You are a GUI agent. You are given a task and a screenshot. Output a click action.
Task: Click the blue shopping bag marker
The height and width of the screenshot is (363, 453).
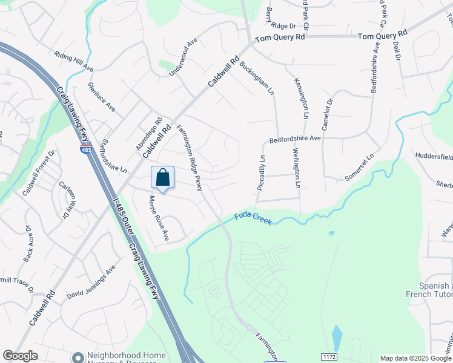tap(162, 178)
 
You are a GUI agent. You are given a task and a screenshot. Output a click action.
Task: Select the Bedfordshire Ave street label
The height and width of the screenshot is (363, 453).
tap(295, 139)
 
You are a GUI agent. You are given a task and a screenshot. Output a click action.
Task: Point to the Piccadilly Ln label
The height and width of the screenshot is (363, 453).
tap(262, 174)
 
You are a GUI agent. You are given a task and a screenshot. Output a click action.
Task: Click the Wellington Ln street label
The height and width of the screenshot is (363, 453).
tap(297, 168)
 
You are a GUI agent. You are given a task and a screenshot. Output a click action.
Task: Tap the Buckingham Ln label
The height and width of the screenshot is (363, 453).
tap(257, 78)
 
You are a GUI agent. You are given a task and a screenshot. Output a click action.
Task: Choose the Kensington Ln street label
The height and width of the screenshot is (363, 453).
tap(301, 98)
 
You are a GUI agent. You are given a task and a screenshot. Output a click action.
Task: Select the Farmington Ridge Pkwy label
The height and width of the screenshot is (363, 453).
tap(189, 158)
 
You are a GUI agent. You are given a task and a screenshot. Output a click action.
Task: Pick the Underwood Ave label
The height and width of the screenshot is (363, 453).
tap(184, 55)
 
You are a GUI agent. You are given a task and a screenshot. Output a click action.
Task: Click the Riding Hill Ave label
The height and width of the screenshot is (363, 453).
tap(74, 60)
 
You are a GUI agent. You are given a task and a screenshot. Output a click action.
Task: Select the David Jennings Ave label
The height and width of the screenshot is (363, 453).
tap(91, 284)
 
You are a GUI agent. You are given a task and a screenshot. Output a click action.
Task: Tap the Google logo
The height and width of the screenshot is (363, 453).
tap(20, 356)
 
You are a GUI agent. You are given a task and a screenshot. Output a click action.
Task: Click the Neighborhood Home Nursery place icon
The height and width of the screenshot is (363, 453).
tap(77, 358)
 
